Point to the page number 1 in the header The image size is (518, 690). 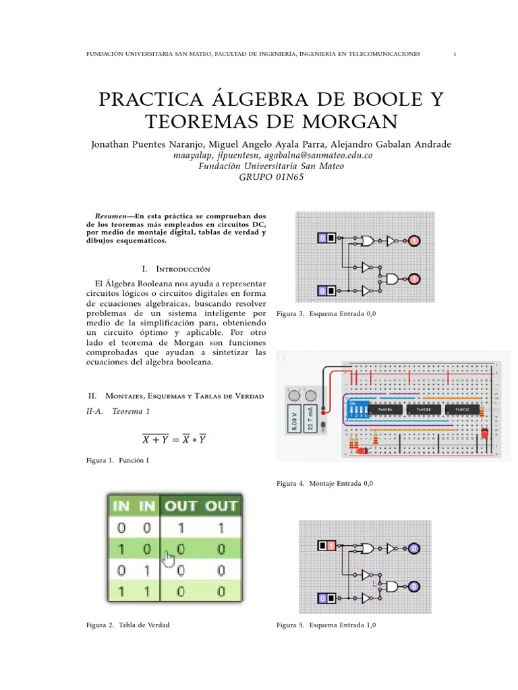455,54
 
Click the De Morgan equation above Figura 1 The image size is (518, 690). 174,439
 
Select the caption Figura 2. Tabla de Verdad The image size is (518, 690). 128,625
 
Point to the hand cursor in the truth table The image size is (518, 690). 169,559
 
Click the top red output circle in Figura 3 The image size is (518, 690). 414,241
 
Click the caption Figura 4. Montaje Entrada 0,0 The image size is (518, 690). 324,484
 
